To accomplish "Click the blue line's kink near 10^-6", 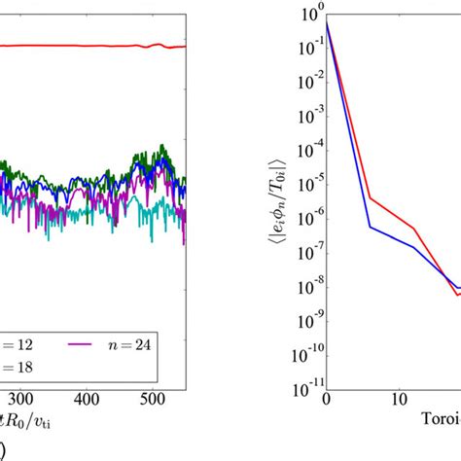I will click(x=371, y=228).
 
